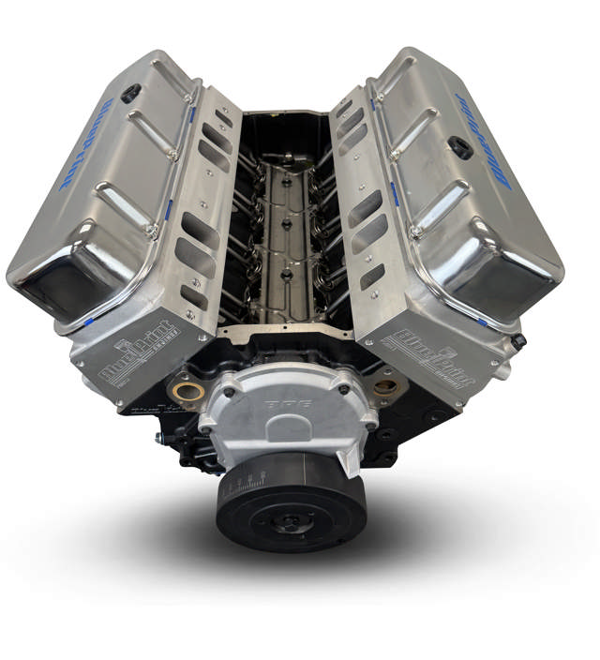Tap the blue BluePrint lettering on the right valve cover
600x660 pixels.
(484, 140)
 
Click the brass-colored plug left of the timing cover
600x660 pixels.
(184, 389)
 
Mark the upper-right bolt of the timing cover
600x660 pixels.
(345, 385)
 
